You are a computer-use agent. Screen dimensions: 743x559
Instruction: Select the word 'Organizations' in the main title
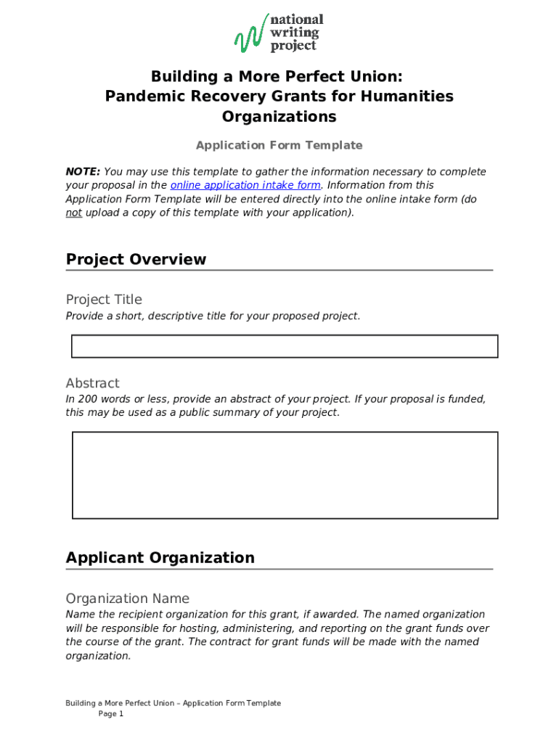[279, 117]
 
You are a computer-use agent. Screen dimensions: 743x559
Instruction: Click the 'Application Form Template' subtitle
[279, 145]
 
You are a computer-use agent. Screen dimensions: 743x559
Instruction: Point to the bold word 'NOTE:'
[83, 172]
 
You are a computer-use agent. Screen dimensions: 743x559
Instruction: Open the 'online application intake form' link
[245, 185]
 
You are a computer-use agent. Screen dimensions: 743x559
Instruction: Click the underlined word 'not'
[73, 213]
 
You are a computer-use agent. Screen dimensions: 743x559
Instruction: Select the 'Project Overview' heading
[136, 260]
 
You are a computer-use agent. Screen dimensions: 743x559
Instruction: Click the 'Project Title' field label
[104, 300]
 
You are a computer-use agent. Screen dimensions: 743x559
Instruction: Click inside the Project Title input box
[284, 346]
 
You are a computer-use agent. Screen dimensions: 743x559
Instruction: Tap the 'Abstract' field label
[92, 383]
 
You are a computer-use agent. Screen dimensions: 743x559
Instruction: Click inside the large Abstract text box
[284, 475]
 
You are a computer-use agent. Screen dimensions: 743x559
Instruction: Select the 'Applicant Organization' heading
[160, 558]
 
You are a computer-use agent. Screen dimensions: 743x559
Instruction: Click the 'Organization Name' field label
[127, 599]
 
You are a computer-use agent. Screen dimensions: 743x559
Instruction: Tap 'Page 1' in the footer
[111, 714]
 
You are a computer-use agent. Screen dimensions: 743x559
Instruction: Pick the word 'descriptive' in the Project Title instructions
[174, 316]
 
